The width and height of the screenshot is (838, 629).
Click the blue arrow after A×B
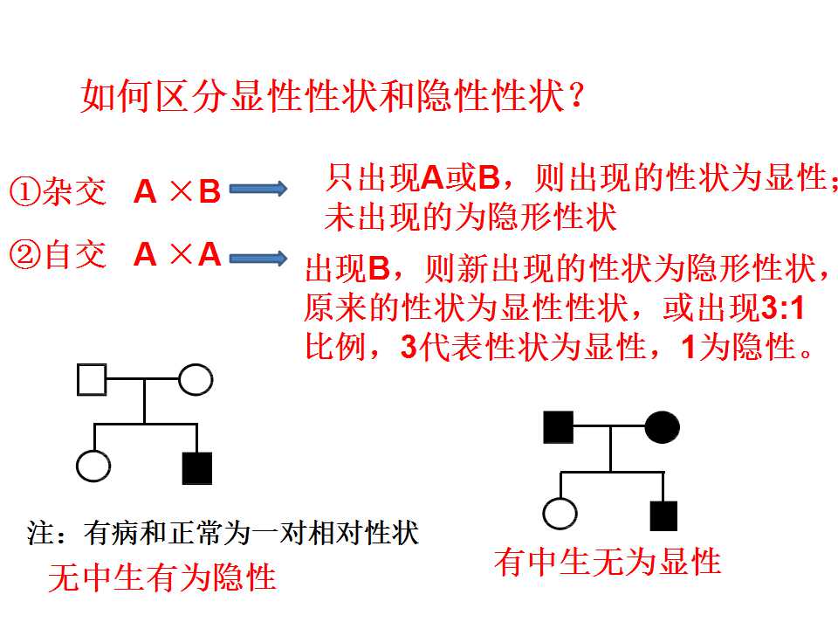[x=258, y=189]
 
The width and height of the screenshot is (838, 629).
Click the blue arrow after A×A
[x=258, y=259]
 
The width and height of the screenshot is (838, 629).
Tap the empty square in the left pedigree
[x=92, y=380]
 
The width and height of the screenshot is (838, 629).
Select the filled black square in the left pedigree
[x=197, y=468]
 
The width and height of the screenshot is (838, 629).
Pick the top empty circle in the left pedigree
[x=196, y=380]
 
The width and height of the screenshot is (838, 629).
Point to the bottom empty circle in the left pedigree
[x=93, y=466]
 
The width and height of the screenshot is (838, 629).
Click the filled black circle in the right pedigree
[x=663, y=427]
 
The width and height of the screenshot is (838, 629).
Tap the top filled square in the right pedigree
[x=558, y=427]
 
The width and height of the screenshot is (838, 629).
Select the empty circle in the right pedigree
[x=560, y=514]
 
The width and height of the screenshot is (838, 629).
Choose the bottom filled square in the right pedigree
[x=663, y=516]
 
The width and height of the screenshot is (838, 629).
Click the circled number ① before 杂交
[x=25, y=192]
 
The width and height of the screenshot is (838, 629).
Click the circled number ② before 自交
[x=25, y=255]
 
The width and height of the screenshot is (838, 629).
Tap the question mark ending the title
[x=576, y=96]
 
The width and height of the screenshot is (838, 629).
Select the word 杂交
[x=74, y=192]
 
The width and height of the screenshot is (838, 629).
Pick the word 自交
[x=74, y=255]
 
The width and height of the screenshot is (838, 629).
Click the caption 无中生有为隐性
[x=162, y=577]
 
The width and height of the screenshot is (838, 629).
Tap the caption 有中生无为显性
[x=608, y=562]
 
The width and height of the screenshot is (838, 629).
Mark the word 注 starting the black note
[x=41, y=533]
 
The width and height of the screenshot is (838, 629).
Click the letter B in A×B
[x=209, y=191]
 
